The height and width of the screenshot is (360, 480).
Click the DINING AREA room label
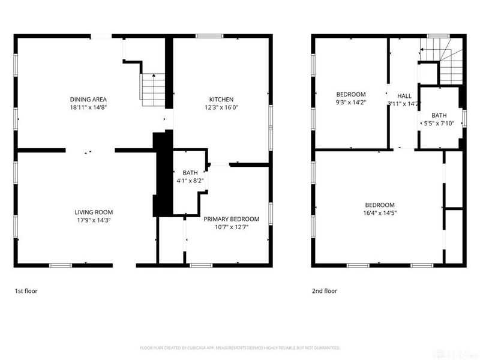tap(88, 100)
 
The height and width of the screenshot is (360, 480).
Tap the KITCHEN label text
tap(221, 100)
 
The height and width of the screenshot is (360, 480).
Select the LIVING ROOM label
tap(94, 212)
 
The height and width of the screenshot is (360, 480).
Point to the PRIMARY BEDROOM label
tap(231, 219)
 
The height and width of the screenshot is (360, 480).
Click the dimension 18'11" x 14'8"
tap(88, 107)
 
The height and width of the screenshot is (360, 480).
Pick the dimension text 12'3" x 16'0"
tap(221, 107)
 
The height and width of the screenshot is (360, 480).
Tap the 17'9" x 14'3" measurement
tap(94, 220)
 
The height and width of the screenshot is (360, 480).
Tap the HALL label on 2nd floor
tap(404, 96)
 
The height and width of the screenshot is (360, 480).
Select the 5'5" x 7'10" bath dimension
tap(439, 124)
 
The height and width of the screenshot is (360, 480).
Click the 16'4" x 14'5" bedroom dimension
tap(380, 212)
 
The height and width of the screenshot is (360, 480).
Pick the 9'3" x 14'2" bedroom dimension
tap(350, 102)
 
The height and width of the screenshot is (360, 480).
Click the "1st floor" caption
tap(27, 291)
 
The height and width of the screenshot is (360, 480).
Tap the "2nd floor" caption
tap(324, 291)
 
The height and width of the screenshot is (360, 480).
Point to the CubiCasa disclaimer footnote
tap(240, 348)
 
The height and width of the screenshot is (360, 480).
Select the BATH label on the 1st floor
tap(190, 173)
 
